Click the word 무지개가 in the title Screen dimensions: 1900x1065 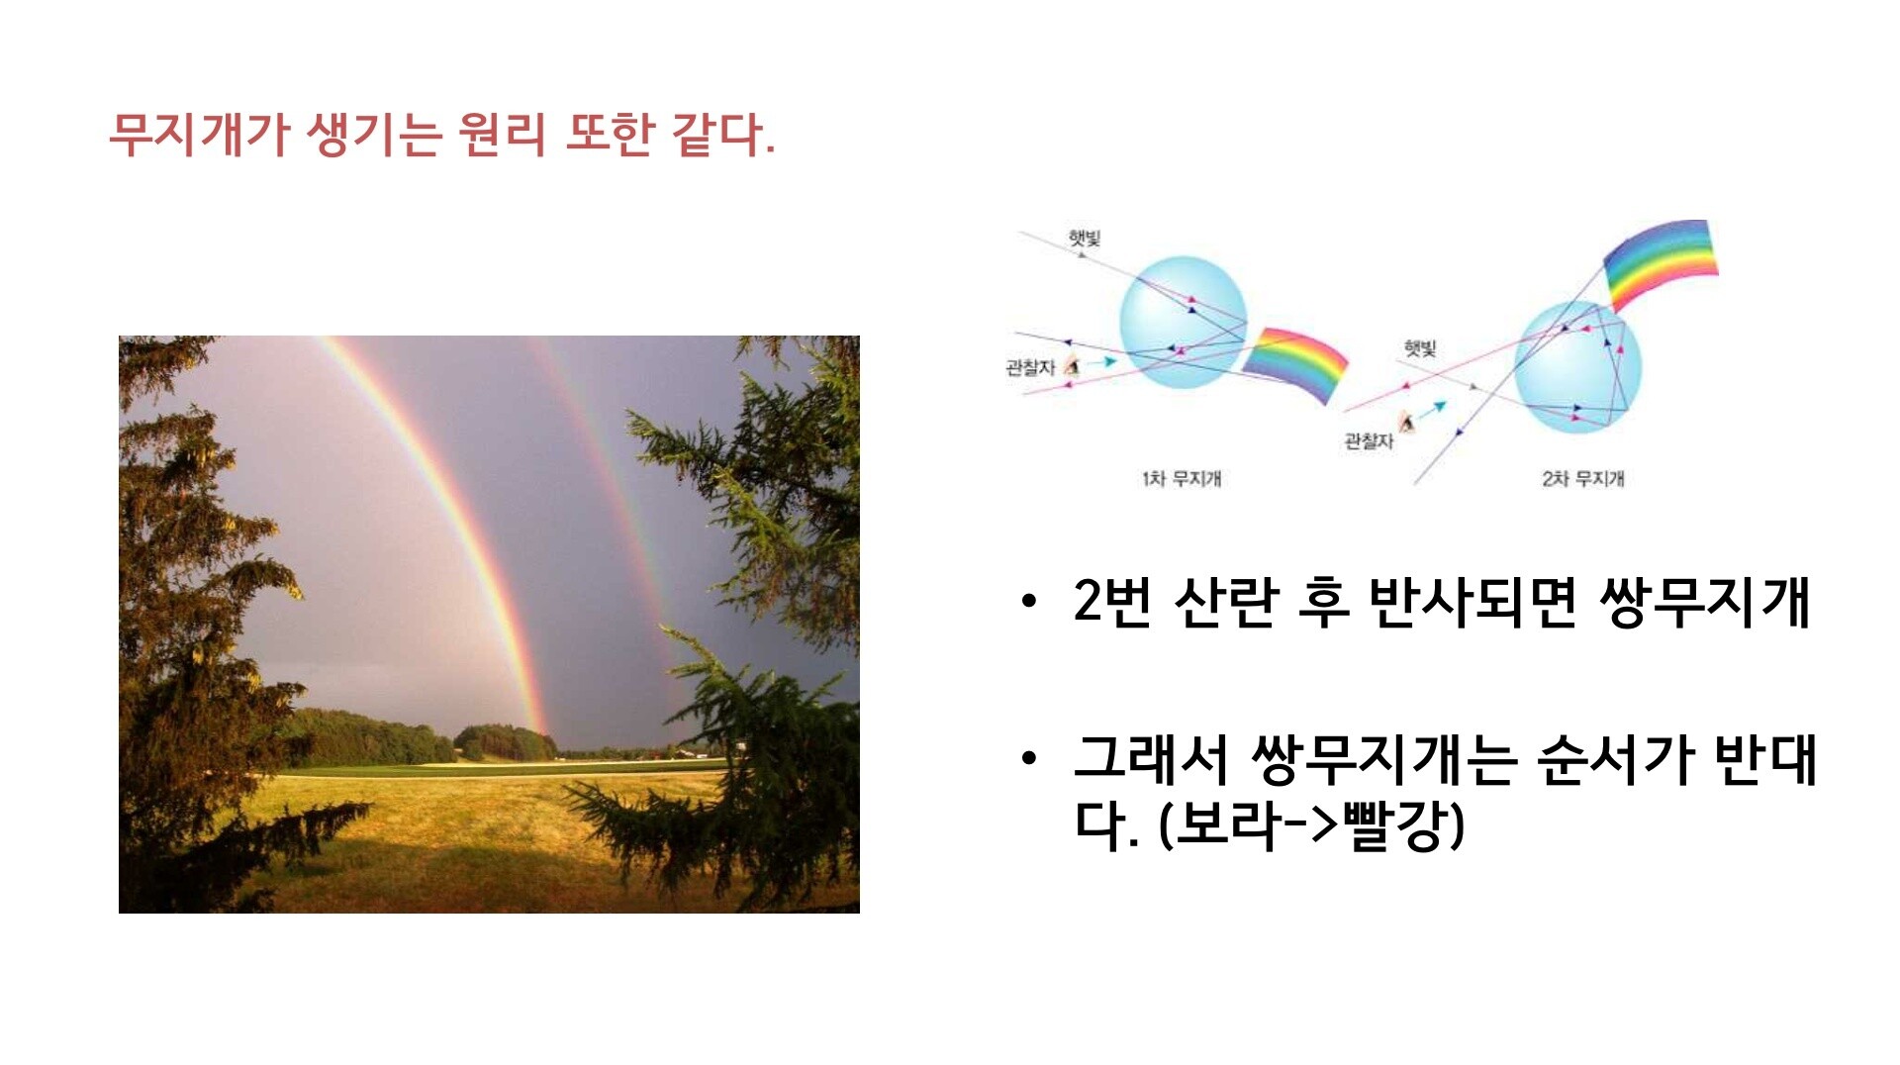point(198,135)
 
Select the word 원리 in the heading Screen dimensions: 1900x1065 point(502,135)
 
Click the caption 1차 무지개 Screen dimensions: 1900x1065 point(1182,479)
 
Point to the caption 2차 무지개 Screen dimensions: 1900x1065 point(1583,479)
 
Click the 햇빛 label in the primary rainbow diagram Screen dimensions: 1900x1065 point(1085,239)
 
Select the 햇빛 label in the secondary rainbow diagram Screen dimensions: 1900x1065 point(1420,348)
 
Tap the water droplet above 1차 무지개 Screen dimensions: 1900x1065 point(1183,322)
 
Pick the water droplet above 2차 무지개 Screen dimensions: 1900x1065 point(1577,367)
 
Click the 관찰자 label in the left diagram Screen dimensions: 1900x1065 point(1030,368)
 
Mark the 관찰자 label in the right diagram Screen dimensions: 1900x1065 point(1369,441)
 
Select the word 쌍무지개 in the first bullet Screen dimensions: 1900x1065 point(1704,601)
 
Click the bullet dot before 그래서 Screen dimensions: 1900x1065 point(1029,759)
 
